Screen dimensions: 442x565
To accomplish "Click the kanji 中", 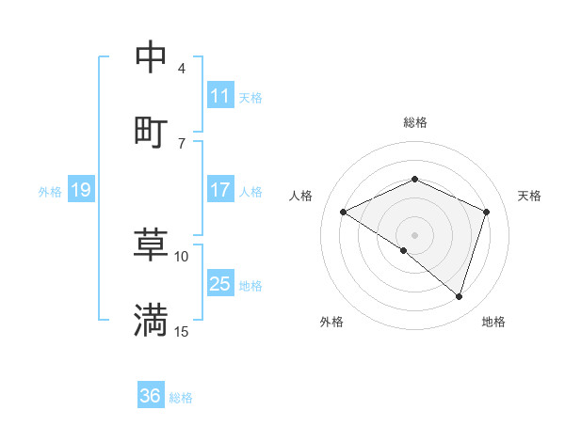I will [x=151, y=57].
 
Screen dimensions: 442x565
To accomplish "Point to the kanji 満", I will [x=151, y=320].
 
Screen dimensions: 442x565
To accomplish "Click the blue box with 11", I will [x=220, y=95].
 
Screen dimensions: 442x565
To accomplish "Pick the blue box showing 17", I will [x=220, y=190].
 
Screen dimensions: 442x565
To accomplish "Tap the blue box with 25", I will [x=220, y=284].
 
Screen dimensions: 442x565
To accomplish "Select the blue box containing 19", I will [x=80, y=190].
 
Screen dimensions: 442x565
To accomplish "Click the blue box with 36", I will [x=151, y=396].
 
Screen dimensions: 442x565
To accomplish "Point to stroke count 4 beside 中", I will [x=182, y=68].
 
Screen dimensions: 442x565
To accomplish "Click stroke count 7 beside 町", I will [x=182, y=143].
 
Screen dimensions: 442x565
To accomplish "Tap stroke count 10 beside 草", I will [x=182, y=256].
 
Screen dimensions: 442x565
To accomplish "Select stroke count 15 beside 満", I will [x=182, y=331].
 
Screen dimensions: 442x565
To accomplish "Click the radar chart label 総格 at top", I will [x=414, y=122].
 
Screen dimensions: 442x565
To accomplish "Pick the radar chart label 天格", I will [x=529, y=196].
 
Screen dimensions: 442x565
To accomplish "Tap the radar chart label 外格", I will [x=331, y=322].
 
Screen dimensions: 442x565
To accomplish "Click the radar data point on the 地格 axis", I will [x=459, y=296].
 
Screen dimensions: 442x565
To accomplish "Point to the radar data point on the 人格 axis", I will [x=344, y=212].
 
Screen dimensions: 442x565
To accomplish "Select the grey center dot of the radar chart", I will [x=414, y=234].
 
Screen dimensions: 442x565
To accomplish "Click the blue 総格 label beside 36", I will [x=181, y=398].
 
